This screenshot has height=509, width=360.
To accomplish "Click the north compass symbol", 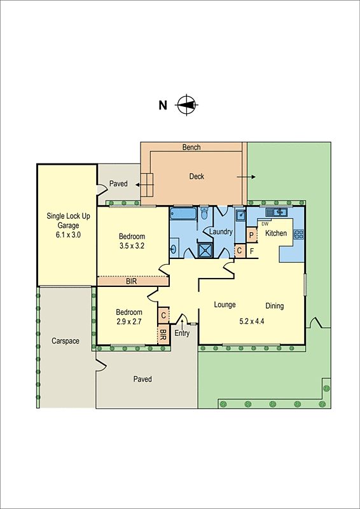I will (186, 105).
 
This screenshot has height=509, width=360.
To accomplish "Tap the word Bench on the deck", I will (191, 148).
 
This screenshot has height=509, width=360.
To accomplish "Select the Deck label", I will (197, 176).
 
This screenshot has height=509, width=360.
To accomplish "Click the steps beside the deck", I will (148, 184).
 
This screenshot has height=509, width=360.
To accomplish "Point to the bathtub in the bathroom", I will (184, 213).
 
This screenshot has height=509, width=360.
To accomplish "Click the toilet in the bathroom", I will (204, 214).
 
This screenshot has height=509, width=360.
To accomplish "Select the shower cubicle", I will (207, 251).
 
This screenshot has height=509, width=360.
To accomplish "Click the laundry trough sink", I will (240, 216).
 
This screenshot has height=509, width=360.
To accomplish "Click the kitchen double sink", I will (277, 212).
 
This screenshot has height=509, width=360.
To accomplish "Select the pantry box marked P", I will (251, 235).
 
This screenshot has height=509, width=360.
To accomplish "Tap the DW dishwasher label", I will (265, 223).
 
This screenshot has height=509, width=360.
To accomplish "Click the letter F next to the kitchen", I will (252, 251).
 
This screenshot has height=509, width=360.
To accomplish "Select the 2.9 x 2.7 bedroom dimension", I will (128, 322).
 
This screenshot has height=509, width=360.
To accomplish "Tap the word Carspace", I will (66, 341).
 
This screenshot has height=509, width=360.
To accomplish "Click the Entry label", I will (182, 333).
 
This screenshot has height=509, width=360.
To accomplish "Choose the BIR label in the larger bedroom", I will (131, 281).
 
